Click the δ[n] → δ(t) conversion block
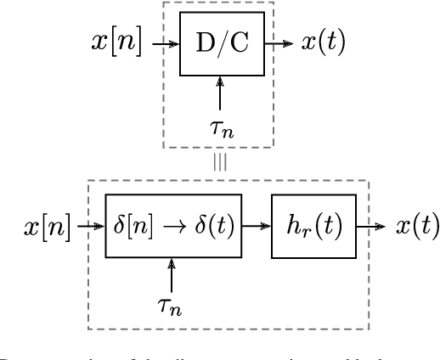(174, 227)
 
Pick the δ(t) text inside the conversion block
(216, 227)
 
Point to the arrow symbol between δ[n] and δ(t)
(173, 228)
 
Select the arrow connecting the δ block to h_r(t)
(257, 227)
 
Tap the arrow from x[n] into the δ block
(89, 227)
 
